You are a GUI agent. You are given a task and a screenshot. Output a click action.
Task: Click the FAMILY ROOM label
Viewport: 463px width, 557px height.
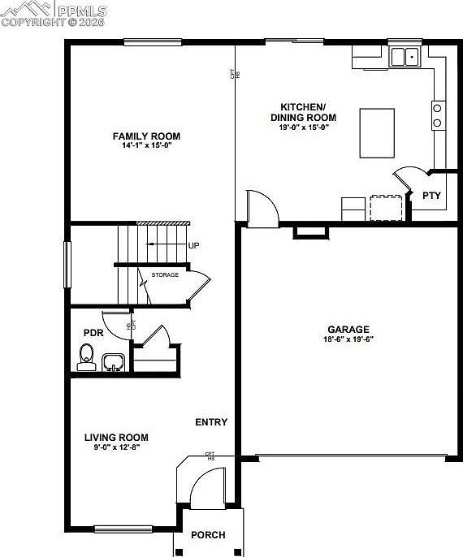(146, 136)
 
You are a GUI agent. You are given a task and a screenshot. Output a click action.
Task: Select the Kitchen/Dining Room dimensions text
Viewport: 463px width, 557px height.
(303, 127)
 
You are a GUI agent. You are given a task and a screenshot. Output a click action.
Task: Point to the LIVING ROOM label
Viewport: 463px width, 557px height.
(116, 437)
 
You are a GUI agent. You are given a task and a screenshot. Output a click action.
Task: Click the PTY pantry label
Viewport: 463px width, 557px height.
(431, 196)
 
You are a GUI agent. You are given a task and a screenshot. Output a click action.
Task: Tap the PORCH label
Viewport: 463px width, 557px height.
(208, 535)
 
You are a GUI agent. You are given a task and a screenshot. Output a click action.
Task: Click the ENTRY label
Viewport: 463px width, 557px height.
(211, 422)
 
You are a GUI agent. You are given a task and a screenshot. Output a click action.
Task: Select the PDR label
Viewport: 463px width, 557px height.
(92, 333)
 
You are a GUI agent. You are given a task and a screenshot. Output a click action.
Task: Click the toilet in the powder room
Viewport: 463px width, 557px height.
(87, 356)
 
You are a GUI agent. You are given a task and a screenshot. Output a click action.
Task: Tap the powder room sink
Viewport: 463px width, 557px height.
(112, 361)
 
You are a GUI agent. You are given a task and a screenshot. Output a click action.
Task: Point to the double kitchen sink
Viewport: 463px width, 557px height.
(403, 57)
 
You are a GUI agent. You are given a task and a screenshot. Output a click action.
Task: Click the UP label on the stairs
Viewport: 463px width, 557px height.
(193, 245)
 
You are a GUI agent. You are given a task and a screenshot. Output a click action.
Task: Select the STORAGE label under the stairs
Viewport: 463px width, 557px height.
(165, 275)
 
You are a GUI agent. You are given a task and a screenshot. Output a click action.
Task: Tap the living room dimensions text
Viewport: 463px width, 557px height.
(113, 447)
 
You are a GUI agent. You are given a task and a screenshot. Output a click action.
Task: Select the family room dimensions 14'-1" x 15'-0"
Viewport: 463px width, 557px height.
(147, 145)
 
